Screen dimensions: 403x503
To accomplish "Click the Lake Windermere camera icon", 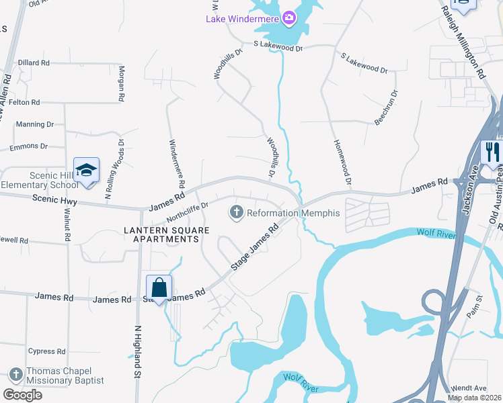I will pyautogui.click(x=289, y=17).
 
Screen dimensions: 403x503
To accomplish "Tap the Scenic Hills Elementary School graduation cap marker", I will pyautogui.click(x=86, y=169).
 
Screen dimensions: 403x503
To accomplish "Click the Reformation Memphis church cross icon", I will pyautogui.click(x=237, y=213).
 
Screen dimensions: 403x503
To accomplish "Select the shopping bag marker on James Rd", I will pyautogui.click(x=159, y=287).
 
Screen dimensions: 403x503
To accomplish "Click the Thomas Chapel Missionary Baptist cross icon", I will pyautogui.click(x=16, y=375).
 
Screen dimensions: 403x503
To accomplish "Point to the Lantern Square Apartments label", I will pyautogui.click(x=161, y=234).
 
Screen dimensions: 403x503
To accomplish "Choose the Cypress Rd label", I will pyautogui.click(x=46, y=351).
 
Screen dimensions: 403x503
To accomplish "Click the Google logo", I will pyautogui.click(x=22, y=394).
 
